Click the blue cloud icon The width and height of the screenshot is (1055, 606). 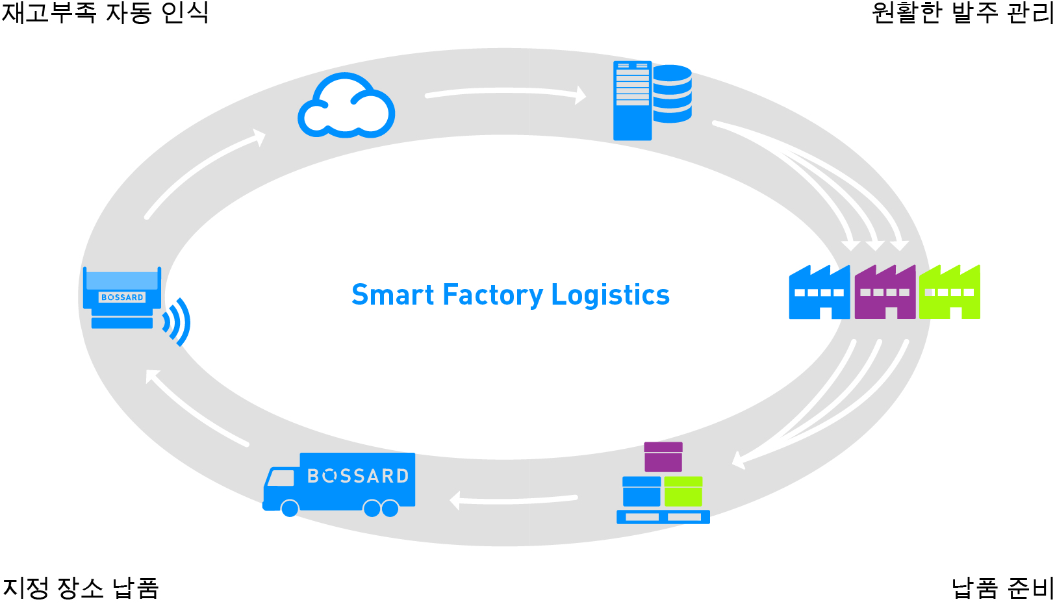[346, 107]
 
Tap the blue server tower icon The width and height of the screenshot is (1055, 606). [632, 101]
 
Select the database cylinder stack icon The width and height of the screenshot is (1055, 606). [672, 94]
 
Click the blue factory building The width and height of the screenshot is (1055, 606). [819, 294]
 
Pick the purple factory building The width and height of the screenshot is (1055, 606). [885, 294]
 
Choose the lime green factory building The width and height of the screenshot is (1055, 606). [949, 294]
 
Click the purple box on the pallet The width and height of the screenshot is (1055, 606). [663, 457]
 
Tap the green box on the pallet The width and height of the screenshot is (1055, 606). [683, 491]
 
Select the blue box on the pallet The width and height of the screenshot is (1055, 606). [641, 491]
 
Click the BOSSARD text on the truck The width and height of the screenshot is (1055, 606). [358, 476]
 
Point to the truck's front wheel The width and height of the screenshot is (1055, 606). [290, 508]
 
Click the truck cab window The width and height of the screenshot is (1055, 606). [281, 478]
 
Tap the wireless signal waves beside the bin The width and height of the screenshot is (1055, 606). [177, 322]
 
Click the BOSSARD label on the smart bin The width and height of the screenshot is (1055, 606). [122, 297]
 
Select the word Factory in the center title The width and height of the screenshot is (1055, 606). [492, 295]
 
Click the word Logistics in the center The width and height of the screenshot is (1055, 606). [610, 295]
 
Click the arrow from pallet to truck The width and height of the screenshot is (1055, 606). [513, 499]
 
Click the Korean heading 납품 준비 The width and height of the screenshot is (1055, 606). [1001, 588]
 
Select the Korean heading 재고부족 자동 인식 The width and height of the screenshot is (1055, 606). [105, 13]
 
